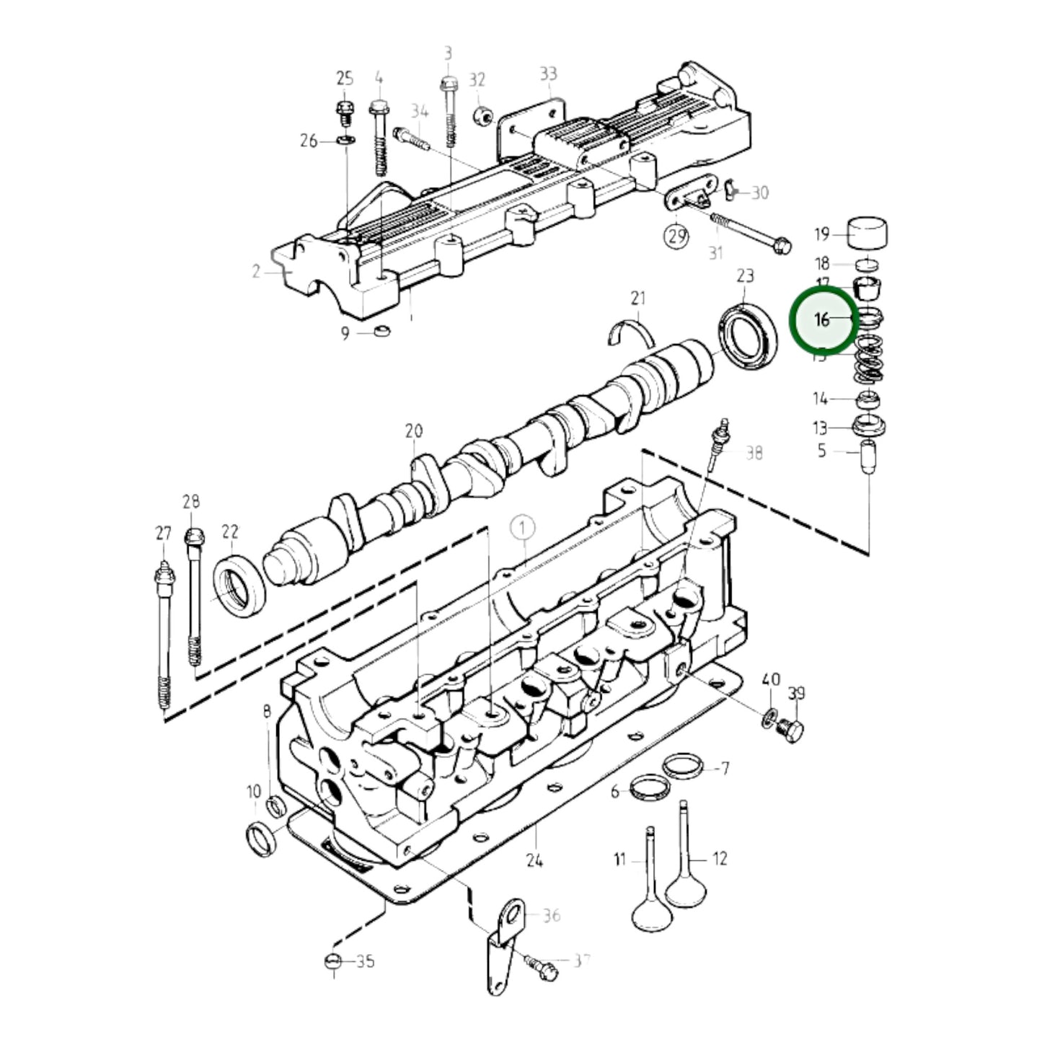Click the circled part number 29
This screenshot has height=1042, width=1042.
tap(676, 236)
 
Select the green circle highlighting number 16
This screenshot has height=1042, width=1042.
tap(824, 319)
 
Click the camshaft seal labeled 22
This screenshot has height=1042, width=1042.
tap(240, 585)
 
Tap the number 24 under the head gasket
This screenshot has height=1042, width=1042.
tap(534, 860)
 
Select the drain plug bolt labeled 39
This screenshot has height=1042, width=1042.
tap(793, 731)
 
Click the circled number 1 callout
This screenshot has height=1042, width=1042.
tap(523, 528)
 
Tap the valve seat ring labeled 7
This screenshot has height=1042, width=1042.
tap(682, 766)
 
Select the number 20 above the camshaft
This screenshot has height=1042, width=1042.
tap(413, 431)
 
